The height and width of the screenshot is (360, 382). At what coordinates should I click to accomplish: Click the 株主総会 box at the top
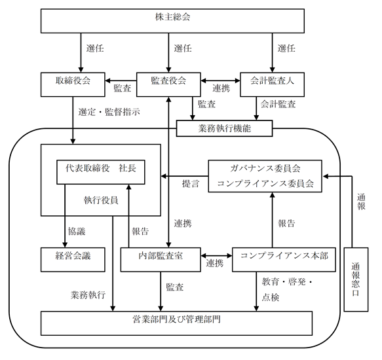(172, 21)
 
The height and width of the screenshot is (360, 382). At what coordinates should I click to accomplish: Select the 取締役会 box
(73, 84)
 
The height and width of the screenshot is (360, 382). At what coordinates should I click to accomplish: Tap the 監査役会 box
(168, 84)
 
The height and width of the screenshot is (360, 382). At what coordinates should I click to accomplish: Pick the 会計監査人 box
(272, 84)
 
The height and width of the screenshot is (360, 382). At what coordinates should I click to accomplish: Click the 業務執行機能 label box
(224, 128)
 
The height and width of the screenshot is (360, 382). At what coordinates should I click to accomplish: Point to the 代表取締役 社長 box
(101, 172)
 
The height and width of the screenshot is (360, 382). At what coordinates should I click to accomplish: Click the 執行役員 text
(101, 200)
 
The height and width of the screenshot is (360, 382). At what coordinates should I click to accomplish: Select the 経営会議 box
(73, 260)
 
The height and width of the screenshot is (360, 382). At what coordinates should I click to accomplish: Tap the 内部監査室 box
(161, 260)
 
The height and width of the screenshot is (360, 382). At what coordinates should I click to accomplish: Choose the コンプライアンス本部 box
(284, 260)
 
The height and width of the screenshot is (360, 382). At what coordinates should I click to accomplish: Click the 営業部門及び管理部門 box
(177, 323)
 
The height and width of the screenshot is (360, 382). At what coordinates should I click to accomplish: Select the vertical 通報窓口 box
(356, 279)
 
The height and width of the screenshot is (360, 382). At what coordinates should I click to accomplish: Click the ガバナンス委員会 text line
(265, 168)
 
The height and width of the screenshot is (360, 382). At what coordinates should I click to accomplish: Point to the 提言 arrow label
(191, 183)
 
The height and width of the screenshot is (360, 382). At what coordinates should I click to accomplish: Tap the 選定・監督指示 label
(109, 112)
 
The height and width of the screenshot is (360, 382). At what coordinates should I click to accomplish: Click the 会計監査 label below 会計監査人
(278, 104)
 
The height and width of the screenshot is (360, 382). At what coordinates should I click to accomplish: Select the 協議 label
(77, 231)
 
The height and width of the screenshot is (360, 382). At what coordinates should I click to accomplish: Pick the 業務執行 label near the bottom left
(88, 295)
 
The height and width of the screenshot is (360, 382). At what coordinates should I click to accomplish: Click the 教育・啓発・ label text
(287, 282)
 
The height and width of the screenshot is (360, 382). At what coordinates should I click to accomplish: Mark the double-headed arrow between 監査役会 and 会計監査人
(220, 81)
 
